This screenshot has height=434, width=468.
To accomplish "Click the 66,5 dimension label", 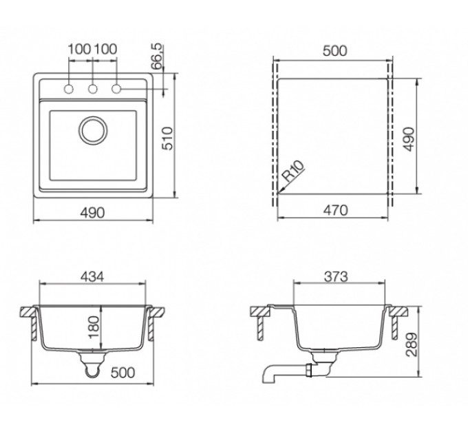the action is click(x=156, y=56).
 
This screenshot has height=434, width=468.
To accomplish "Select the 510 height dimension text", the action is click(x=167, y=138).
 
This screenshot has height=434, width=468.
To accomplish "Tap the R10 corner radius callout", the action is click(x=293, y=172).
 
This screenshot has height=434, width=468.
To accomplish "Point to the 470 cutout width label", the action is click(x=335, y=210).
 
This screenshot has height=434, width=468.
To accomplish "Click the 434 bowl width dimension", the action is click(x=92, y=277).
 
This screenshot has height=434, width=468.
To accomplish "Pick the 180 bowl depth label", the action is click(x=94, y=327).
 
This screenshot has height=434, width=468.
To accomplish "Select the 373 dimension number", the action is click(x=336, y=277).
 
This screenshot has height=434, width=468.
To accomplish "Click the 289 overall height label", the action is click(x=412, y=344).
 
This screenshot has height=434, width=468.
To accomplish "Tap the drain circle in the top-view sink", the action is click(x=93, y=130).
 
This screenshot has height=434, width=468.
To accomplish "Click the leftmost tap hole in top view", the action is click(x=69, y=89).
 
